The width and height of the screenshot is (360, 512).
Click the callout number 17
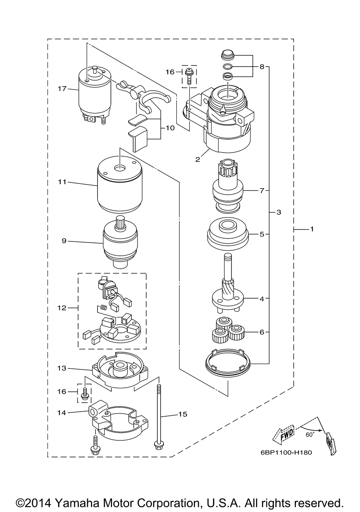pyautogui.click(x=62, y=89)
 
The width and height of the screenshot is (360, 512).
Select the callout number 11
pyautogui.click(x=62, y=182)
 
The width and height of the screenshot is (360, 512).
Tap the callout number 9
pyautogui.click(x=64, y=241)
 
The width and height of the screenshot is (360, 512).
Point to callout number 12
pyautogui.click(x=62, y=308)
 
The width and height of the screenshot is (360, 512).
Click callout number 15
pyautogui.click(x=183, y=414)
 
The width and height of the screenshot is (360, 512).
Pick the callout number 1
pyautogui.click(x=312, y=229)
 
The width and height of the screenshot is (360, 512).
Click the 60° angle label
pyautogui.click(x=310, y=435)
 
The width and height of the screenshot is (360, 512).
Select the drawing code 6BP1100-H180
pyautogui.click(x=286, y=452)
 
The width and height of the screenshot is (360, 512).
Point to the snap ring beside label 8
pyautogui.click(x=228, y=67)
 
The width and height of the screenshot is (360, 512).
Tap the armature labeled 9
pyautogui.click(x=120, y=244)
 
